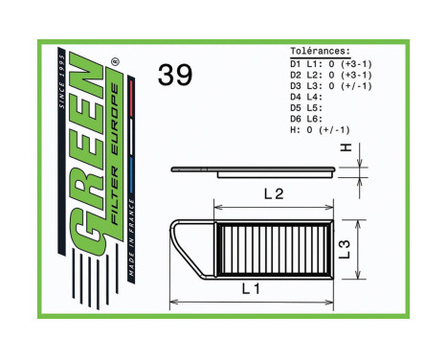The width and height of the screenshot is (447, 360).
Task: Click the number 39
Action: coord(175,77)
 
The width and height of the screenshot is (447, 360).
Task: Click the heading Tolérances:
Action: coord(320,52)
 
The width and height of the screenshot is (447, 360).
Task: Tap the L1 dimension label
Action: coord(252,287)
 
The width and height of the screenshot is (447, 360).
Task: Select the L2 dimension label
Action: coord(274,194)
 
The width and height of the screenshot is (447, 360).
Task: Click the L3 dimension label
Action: coord(346,251)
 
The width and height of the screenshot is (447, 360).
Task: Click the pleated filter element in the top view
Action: coord(273,249)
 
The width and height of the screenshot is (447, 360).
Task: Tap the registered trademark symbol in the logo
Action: coord(116,65)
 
